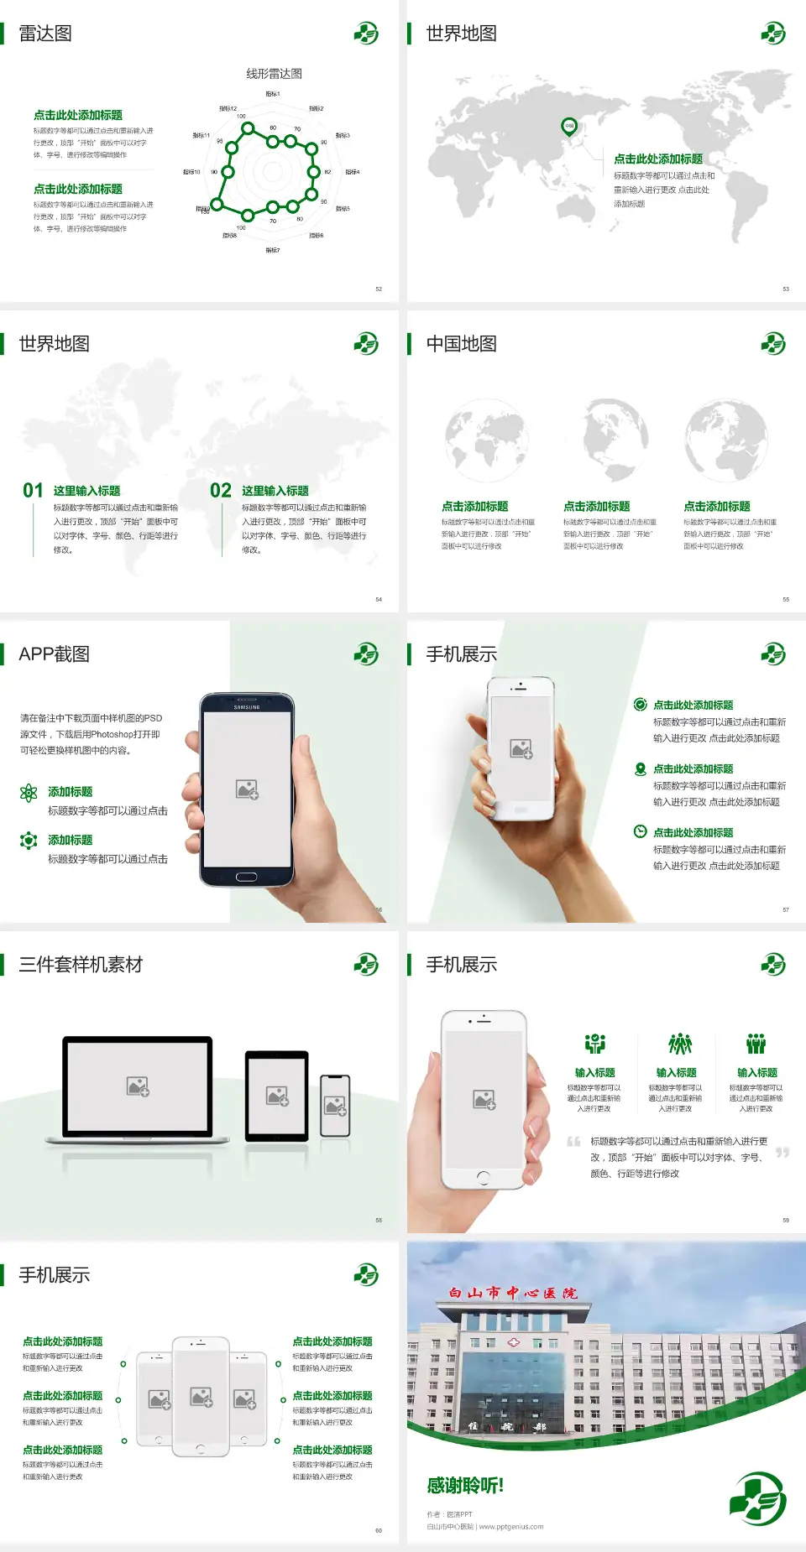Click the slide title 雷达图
(x=45, y=34)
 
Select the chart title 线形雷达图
(x=274, y=74)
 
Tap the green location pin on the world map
(x=569, y=127)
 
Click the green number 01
(x=33, y=491)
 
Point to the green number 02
(x=221, y=491)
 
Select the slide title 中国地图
(x=461, y=344)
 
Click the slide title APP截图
(x=55, y=654)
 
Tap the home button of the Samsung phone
(x=246, y=877)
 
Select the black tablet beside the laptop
(x=277, y=1096)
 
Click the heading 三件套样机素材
(x=81, y=965)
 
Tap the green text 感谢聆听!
(x=465, y=1486)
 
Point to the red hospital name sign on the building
(x=513, y=1293)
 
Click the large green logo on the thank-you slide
(x=757, y=1497)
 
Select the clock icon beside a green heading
(x=640, y=831)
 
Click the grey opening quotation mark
(x=573, y=1141)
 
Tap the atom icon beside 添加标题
(x=29, y=792)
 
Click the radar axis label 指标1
(x=273, y=94)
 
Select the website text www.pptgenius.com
(x=511, y=1527)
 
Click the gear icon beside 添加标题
(x=29, y=840)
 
